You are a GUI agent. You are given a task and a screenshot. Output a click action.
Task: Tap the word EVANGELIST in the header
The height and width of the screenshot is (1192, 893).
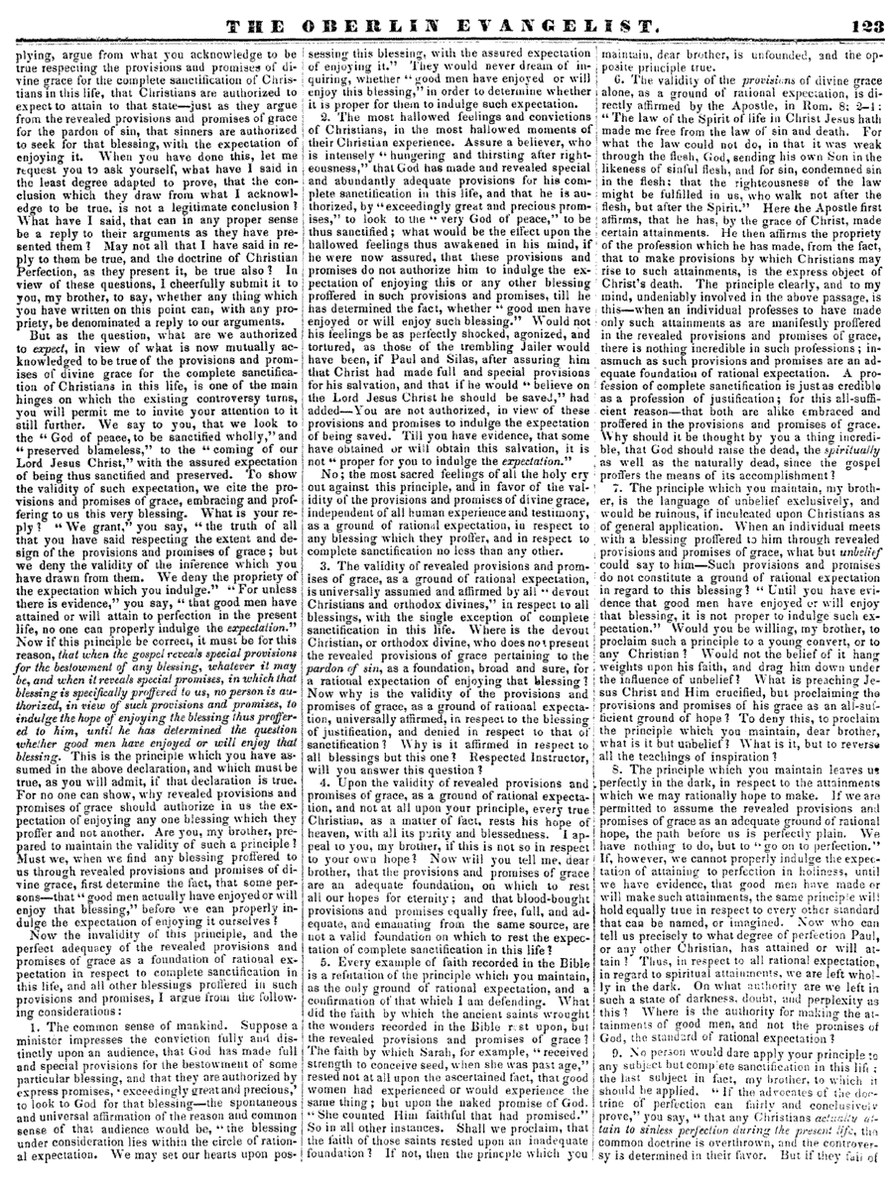[x=576, y=18]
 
